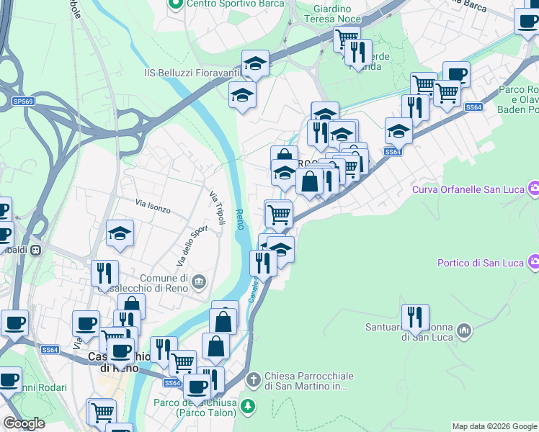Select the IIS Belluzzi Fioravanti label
coord(190,73)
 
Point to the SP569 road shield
coord(23,102)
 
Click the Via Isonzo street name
coord(153,208)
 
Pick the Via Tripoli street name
coord(218,207)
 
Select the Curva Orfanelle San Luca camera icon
coord(534,189)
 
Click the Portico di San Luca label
coord(479,262)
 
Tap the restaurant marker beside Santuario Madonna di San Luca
coord(415,316)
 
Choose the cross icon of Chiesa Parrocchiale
coord(253,379)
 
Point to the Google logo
coord(24,424)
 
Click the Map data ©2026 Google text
coord(494,426)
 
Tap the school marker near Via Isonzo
coord(120,233)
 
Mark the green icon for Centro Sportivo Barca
coord(175,4)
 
